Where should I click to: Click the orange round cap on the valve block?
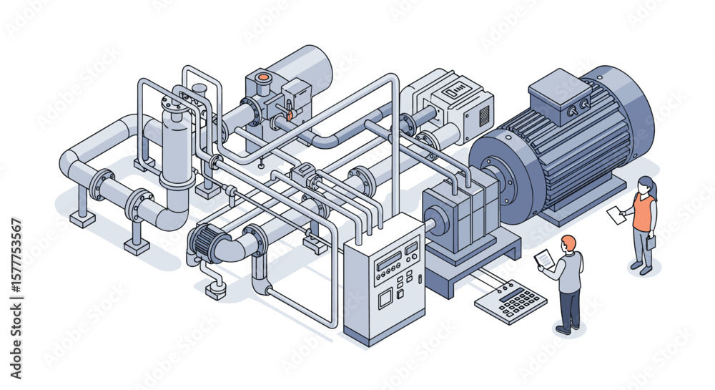(x=263, y=77)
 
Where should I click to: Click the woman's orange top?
(x=643, y=213)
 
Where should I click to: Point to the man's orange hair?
(x=568, y=242)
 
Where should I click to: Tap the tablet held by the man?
(x=545, y=259)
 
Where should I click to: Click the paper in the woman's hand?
(x=616, y=213)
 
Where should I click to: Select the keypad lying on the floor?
(x=511, y=301)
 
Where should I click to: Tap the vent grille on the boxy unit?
(x=484, y=114)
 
